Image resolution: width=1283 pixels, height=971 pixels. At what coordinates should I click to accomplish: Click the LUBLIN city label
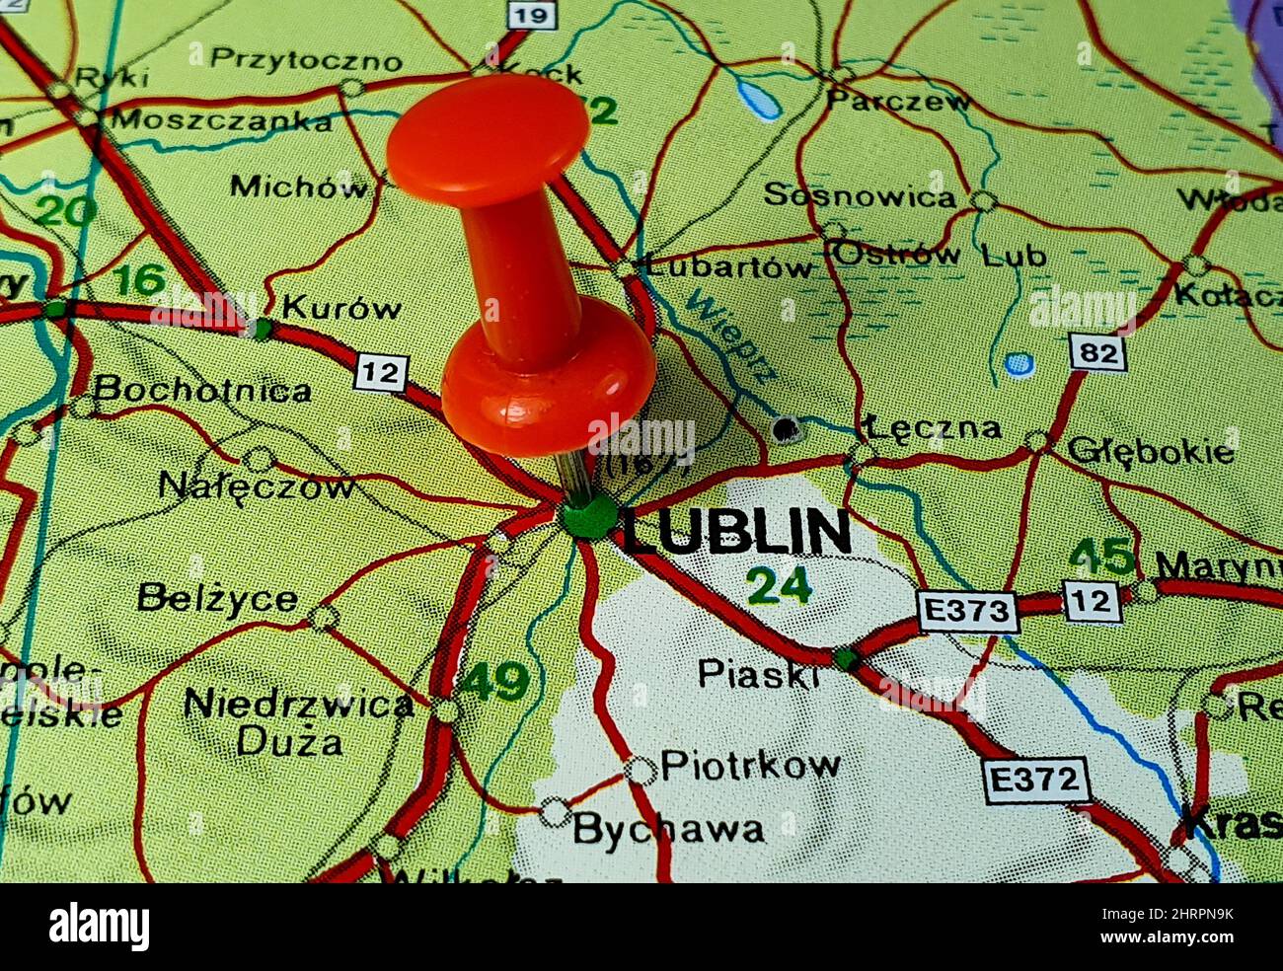pyautogui.click(x=736, y=533)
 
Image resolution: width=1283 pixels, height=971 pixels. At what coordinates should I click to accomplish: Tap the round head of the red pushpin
pyautogui.click(x=488, y=139)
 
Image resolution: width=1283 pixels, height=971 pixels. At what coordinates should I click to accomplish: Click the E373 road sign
pyautogui.click(x=967, y=612)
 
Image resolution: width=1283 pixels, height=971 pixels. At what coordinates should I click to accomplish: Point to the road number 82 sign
pyautogui.click(x=1097, y=352)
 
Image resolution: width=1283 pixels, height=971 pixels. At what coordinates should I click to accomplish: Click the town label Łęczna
pyautogui.click(x=934, y=428)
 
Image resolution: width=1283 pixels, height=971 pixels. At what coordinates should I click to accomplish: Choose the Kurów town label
pyautogui.click(x=341, y=308)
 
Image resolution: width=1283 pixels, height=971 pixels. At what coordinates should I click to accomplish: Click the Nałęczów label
pyautogui.click(x=257, y=485)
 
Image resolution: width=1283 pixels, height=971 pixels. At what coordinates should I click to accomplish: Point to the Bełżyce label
pyautogui.click(x=217, y=598)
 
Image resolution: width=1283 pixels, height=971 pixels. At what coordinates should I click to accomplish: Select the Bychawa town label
pyautogui.click(x=668, y=830)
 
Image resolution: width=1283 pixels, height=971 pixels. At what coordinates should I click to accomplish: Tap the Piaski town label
pyautogui.click(x=758, y=673)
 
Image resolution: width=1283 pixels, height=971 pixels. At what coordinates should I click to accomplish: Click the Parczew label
pyautogui.click(x=898, y=101)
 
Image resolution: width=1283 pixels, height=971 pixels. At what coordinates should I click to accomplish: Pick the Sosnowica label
pyautogui.click(x=860, y=195)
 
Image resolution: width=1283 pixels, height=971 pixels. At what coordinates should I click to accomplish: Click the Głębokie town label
pyautogui.click(x=1151, y=451)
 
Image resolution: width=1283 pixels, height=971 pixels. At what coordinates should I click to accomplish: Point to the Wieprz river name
pyautogui.click(x=731, y=336)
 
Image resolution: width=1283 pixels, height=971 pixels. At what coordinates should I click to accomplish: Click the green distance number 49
pyautogui.click(x=495, y=682)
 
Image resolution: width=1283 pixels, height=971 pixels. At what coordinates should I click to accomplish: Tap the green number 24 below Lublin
pyautogui.click(x=779, y=586)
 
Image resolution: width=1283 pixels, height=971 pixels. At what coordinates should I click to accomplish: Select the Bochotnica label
pyautogui.click(x=203, y=391)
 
